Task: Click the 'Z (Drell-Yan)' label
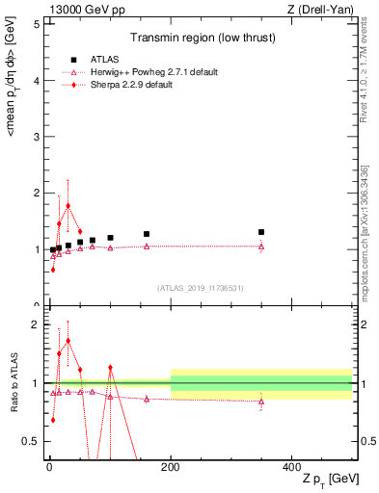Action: [x=325, y=9]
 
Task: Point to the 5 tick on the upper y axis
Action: [x=36, y=24]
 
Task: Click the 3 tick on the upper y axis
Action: [x=36, y=137]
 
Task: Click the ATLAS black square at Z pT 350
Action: [x=261, y=232]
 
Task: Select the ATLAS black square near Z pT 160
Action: [x=147, y=234]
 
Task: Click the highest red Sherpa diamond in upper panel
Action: [x=68, y=205]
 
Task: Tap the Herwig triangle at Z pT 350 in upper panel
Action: [x=261, y=246]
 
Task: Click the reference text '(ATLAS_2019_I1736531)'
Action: [x=199, y=287]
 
